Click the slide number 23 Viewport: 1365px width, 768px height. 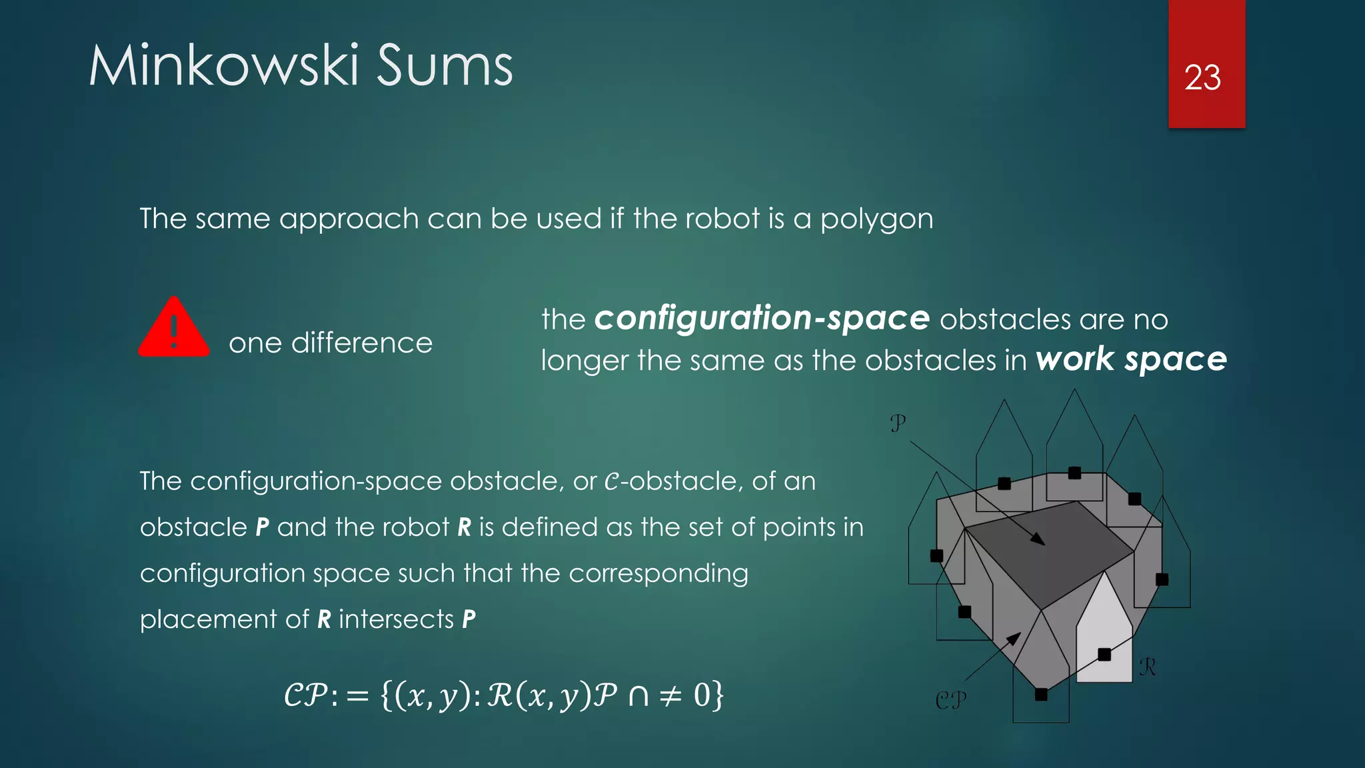pyautogui.click(x=1202, y=78)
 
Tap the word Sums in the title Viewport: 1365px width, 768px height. pyautogui.click(x=445, y=66)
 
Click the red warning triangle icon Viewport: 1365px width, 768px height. pyautogui.click(x=174, y=328)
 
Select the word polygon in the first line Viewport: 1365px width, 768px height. pyautogui.click(x=876, y=219)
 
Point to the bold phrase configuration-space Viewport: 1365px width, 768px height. pyautogui.click(x=762, y=318)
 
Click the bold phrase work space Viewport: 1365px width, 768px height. pyautogui.click(x=1131, y=359)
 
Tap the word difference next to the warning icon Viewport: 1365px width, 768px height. pyautogui.click(x=362, y=343)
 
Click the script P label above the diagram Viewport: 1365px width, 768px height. pyautogui.click(x=898, y=423)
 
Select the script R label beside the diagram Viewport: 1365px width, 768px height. pyautogui.click(x=1147, y=666)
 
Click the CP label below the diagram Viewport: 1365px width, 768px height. pyautogui.click(x=950, y=700)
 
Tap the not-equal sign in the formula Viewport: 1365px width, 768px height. pyautogui.click(x=670, y=696)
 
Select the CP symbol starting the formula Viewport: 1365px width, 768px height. pyautogui.click(x=305, y=696)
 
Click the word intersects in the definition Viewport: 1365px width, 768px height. pyautogui.click(x=396, y=619)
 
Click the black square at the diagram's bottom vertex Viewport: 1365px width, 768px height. pyautogui.click(x=1041, y=695)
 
